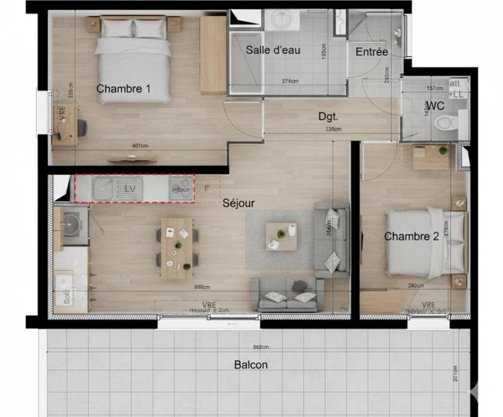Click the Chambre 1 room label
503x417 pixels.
[123, 89]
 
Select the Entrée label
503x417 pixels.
[372, 52]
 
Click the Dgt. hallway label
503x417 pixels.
[328, 116]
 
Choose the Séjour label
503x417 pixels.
[238, 203]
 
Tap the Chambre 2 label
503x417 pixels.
[411, 237]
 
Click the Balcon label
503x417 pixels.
[251, 365]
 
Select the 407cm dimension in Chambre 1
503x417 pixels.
[140, 146]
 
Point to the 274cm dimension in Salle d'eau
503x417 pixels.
[290, 81]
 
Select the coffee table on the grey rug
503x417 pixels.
[281, 236]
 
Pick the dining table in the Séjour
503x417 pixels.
[177, 248]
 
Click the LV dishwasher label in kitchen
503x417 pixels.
[130, 188]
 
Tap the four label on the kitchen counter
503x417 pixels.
[183, 189]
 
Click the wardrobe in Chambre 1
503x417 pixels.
[213, 55]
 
